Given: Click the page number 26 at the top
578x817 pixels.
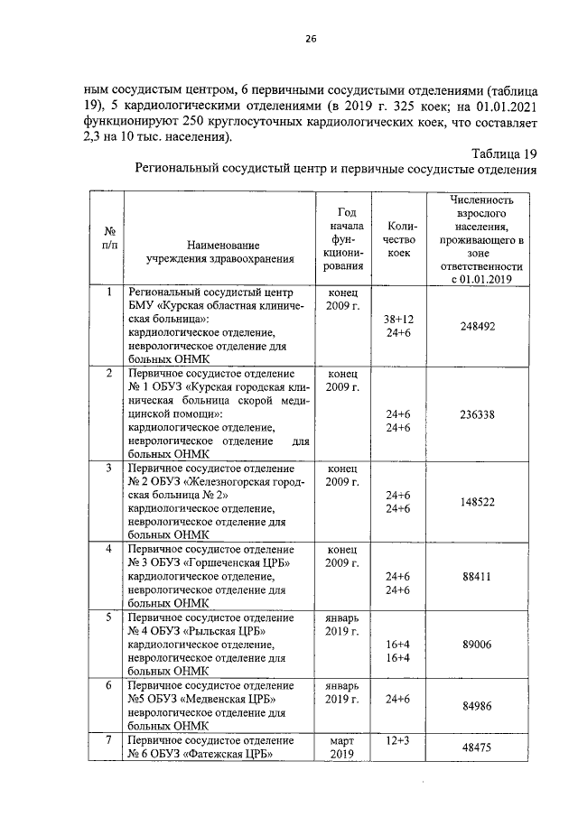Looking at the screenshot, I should point(311,39).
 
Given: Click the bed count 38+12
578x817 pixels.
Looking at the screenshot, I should point(397,320).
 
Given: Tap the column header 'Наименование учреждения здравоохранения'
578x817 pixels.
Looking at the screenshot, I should point(222,252).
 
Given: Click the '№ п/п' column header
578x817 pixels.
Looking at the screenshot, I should point(108,238).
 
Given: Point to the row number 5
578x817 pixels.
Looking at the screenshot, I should point(108,617).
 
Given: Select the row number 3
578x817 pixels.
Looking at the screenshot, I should point(108,468).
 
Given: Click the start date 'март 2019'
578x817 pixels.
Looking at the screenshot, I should point(342,747).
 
